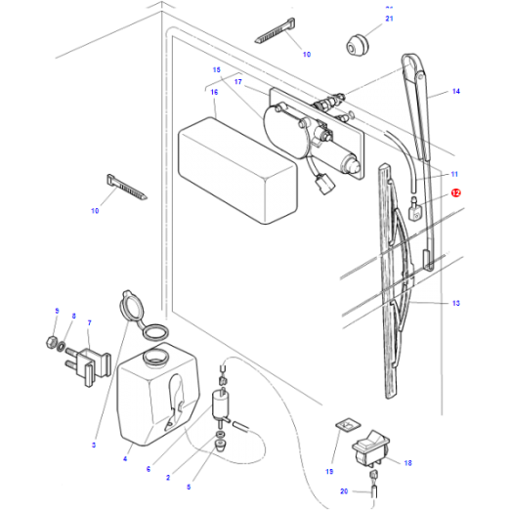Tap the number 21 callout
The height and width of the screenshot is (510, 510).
388,19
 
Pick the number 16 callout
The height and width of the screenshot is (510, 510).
213,91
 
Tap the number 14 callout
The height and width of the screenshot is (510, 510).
454,92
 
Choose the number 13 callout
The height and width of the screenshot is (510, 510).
455,304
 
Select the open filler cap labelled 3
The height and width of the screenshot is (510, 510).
129,307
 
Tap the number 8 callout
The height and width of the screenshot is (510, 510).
72,316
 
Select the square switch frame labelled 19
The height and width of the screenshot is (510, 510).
344,426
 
